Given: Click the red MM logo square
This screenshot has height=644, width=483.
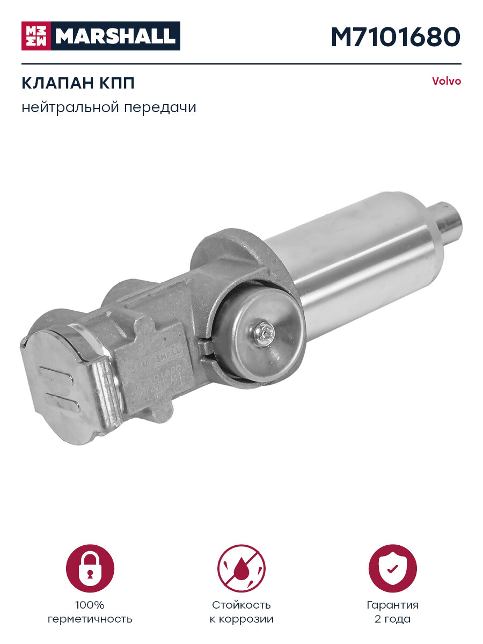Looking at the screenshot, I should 35,36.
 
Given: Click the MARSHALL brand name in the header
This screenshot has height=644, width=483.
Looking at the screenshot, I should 115,36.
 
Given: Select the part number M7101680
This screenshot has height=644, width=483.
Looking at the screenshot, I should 396,36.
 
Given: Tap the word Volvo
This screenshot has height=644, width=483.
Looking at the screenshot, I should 447,82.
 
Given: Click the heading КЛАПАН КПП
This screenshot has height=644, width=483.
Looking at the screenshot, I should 78,84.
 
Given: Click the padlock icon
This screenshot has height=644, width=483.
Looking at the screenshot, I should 90,568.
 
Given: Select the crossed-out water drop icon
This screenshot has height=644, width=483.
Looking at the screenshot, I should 241,568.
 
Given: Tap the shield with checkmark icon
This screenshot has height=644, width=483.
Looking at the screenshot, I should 393,568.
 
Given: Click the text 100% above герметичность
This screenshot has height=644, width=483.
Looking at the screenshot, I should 90,605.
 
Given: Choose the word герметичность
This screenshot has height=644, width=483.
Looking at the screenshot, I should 90,619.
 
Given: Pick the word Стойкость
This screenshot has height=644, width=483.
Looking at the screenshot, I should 241,605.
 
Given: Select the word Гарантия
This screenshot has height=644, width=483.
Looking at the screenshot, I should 393,605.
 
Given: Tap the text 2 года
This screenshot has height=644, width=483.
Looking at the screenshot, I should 393,619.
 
